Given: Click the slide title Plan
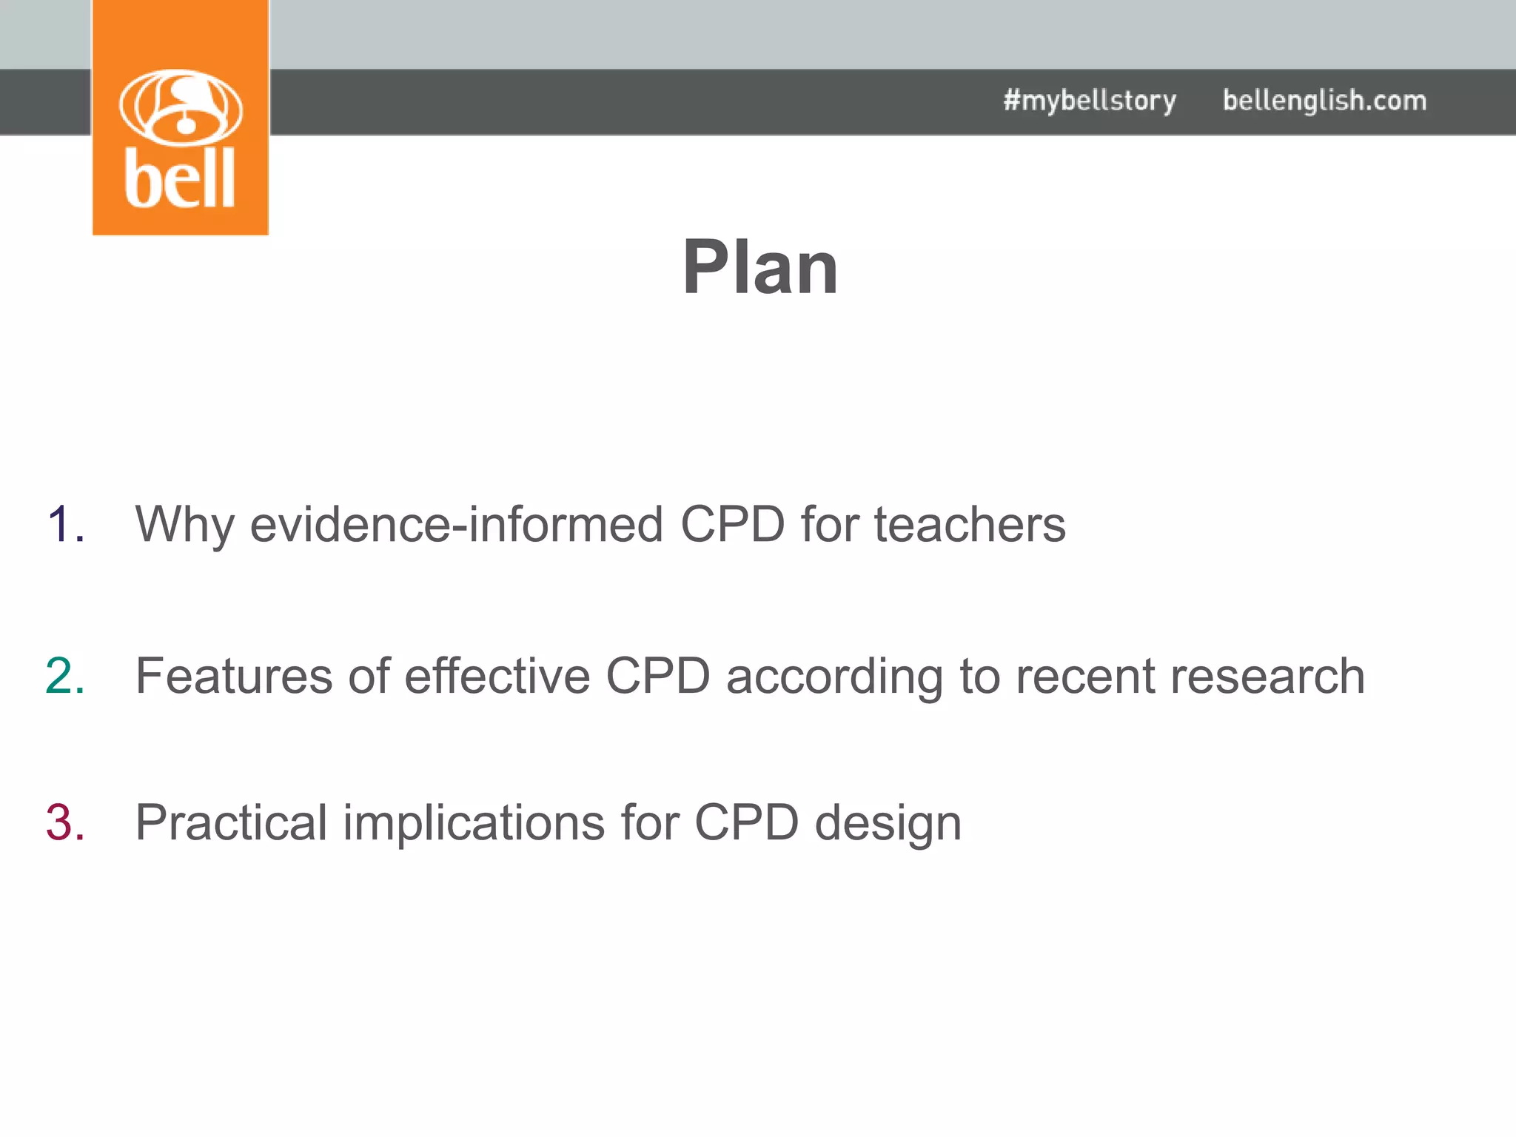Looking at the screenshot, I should [x=760, y=267].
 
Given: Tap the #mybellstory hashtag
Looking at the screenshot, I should [x=1089, y=101].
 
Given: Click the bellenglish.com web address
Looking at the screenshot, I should [x=1324, y=101].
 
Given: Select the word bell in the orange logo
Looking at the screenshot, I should [x=180, y=178].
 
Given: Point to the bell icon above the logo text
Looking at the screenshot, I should [x=181, y=107].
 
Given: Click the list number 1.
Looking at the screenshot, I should [x=65, y=525].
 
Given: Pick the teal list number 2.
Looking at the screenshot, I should [x=65, y=676].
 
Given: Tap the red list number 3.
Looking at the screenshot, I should [x=65, y=822].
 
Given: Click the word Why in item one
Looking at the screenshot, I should [x=184, y=525].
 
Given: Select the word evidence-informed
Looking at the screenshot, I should [x=456, y=525].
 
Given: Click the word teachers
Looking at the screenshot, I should [x=969, y=525].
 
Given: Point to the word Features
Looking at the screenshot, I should [x=234, y=676].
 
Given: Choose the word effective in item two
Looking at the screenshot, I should [x=497, y=676].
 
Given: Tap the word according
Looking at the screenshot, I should [x=834, y=676].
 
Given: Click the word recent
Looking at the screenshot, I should [x=1085, y=676].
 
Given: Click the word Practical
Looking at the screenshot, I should [x=231, y=822].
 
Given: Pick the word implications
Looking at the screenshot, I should [x=474, y=822].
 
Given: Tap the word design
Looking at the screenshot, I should [x=888, y=822].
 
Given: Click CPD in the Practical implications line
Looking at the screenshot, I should [x=746, y=822].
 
